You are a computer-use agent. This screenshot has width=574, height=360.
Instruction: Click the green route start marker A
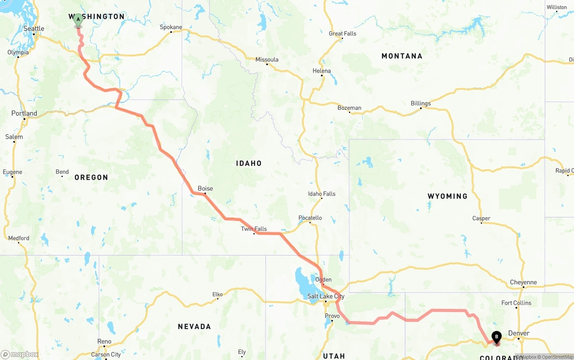(78, 20)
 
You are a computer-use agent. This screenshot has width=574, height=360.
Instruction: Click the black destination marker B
(496, 337)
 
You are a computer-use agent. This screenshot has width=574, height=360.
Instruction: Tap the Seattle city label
(34, 29)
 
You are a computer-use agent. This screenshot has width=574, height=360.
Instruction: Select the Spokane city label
(171, 27)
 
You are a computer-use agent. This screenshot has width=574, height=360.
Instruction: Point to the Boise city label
(205, 189)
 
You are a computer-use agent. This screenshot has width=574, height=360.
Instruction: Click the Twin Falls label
(254, 229)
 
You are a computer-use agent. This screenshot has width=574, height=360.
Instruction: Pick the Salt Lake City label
(326, 296)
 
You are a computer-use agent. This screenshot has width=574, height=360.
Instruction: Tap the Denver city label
(519, 333)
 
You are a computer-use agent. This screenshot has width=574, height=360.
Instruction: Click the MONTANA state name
(402, 56)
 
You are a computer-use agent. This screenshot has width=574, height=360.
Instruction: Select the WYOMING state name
(448, 196)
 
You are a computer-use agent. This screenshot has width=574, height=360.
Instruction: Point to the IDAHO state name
(249, 164)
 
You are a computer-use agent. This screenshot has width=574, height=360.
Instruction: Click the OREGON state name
(91, 178)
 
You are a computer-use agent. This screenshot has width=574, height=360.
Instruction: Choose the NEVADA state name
(194, 326)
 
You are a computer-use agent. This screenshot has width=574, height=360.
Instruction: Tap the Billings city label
(421, 104)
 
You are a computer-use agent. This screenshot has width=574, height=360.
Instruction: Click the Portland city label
(24, 113)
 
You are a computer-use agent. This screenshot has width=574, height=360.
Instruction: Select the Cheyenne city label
(523, 282)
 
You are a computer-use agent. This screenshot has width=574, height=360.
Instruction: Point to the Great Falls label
(342, 34)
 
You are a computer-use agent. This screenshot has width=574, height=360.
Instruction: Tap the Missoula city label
(267, 60)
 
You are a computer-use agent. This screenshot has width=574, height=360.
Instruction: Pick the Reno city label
(104, 342)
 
